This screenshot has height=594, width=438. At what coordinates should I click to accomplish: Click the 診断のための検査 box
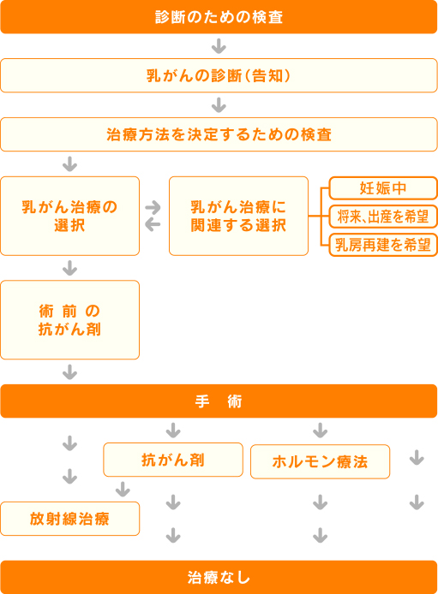219,17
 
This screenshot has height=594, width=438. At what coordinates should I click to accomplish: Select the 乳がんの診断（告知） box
219,75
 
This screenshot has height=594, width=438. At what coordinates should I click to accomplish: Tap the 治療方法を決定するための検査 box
219,134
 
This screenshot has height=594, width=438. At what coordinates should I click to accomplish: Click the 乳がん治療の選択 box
69,216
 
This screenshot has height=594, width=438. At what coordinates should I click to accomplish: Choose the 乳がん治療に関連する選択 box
238,216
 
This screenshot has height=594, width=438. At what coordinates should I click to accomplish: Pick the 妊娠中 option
383,188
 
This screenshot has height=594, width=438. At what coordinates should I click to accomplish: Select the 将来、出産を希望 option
383,217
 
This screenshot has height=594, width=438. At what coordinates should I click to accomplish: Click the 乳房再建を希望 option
383,245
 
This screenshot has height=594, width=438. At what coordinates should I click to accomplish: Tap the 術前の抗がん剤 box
69,320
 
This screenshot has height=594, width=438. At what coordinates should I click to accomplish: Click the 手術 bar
219,401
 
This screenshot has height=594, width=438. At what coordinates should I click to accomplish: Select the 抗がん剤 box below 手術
173,460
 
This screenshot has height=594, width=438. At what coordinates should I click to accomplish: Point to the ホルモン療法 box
320,462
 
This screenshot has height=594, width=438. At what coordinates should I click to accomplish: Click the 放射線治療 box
69,519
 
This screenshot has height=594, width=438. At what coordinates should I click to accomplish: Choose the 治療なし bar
219,578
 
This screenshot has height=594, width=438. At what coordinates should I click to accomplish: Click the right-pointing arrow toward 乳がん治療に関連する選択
153,207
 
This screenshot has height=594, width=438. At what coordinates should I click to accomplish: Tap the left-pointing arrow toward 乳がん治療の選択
153,224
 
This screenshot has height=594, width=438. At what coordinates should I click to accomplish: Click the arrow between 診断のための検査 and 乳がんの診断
219,46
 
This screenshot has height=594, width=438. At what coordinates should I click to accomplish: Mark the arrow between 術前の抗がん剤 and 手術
69,372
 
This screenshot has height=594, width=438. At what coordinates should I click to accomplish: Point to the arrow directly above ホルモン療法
320,431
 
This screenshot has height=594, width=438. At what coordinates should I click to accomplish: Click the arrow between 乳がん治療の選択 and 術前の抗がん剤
69,268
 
